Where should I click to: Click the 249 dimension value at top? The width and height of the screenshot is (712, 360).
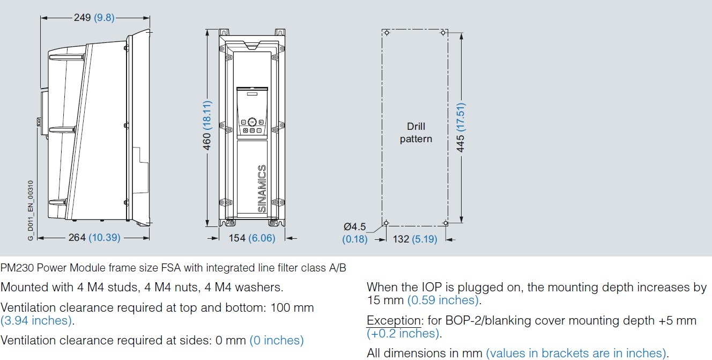pos(83,17)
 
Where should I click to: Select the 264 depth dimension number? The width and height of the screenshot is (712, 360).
pos(77,237)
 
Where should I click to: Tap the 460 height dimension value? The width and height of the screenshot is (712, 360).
pos(206,142)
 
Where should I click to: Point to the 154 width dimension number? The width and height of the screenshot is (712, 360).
pos(237,238)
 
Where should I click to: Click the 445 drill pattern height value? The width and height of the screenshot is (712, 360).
pos(460,144)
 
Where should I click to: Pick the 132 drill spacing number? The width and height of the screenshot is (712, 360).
pos(401,239)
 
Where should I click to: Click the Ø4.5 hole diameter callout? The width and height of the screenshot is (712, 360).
pos(355,227)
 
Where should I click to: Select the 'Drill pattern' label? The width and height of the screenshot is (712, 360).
pos(416,133)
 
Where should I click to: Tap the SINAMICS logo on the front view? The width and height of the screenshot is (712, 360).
pos(262,189)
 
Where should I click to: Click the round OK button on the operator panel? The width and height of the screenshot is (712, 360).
pos(252,122)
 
